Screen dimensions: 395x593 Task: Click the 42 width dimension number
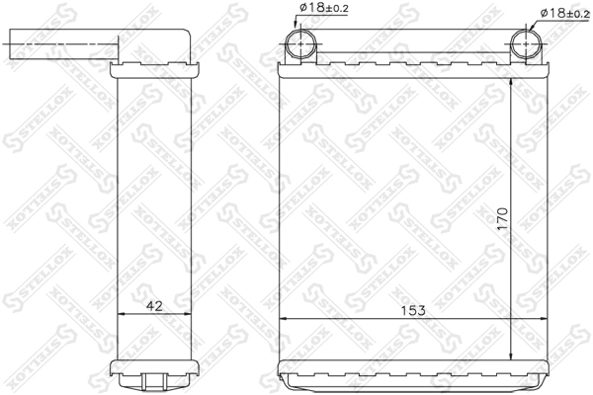tap(154, 304)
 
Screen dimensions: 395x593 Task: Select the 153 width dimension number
tap(413, 310)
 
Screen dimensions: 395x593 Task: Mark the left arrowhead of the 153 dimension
tap(285, 319)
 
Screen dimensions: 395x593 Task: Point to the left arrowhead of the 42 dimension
tap(122, 314)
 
